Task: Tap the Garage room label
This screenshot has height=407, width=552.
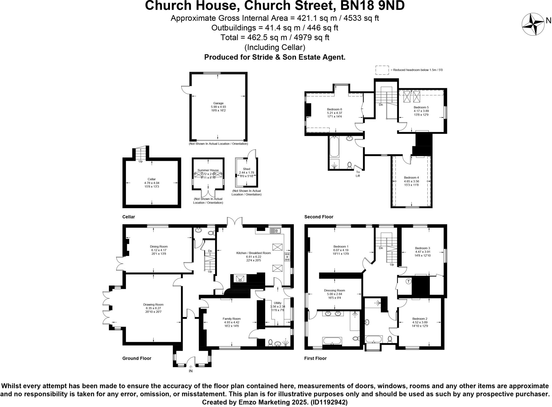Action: point(218,103)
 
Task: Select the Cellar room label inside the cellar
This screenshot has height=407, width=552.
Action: point(151,179)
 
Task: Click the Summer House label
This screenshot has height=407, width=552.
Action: point(208,170)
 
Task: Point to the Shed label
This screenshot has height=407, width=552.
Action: point(246,169)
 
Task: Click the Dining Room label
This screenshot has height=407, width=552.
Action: point(159,247)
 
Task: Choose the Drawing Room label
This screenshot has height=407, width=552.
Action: point(153,305)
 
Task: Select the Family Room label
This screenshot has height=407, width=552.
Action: point(232,319)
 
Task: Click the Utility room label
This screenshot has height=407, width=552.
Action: point(277,303)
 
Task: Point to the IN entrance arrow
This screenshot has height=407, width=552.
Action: point(191,367)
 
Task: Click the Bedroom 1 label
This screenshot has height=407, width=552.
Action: point(341,247)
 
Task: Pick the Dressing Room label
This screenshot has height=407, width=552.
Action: point(334,291)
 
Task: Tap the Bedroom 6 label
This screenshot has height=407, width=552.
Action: point(334,109)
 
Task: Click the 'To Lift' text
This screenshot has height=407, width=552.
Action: point(358,174)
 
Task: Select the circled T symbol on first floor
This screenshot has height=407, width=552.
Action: point(409,282)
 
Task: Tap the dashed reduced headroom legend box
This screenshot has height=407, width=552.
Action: point(382,70)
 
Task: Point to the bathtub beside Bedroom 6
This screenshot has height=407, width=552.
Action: point(334,147)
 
